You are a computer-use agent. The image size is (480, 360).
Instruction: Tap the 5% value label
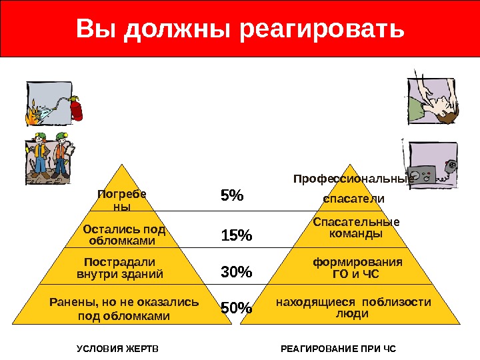click(233, 197)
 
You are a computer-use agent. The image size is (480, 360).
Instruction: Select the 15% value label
click(237, 235)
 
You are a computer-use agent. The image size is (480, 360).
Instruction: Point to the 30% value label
click(237, 272)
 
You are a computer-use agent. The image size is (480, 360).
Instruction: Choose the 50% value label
click(237, 308)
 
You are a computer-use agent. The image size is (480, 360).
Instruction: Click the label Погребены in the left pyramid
click(121, 200)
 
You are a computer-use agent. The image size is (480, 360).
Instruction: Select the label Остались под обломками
click(123, 235)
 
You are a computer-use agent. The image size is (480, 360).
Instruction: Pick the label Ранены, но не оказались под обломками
click(125, 309)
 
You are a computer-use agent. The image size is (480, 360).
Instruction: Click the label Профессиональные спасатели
click(353, 189)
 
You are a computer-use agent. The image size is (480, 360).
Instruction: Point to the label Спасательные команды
click(356, 228)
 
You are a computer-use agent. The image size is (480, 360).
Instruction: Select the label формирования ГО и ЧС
click(357, 267)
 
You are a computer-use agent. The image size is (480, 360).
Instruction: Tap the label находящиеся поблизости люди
click(353, 308)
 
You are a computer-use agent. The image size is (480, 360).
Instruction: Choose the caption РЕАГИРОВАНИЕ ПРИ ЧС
click(337, 349)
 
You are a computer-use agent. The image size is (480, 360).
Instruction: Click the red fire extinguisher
click(74, 107)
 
